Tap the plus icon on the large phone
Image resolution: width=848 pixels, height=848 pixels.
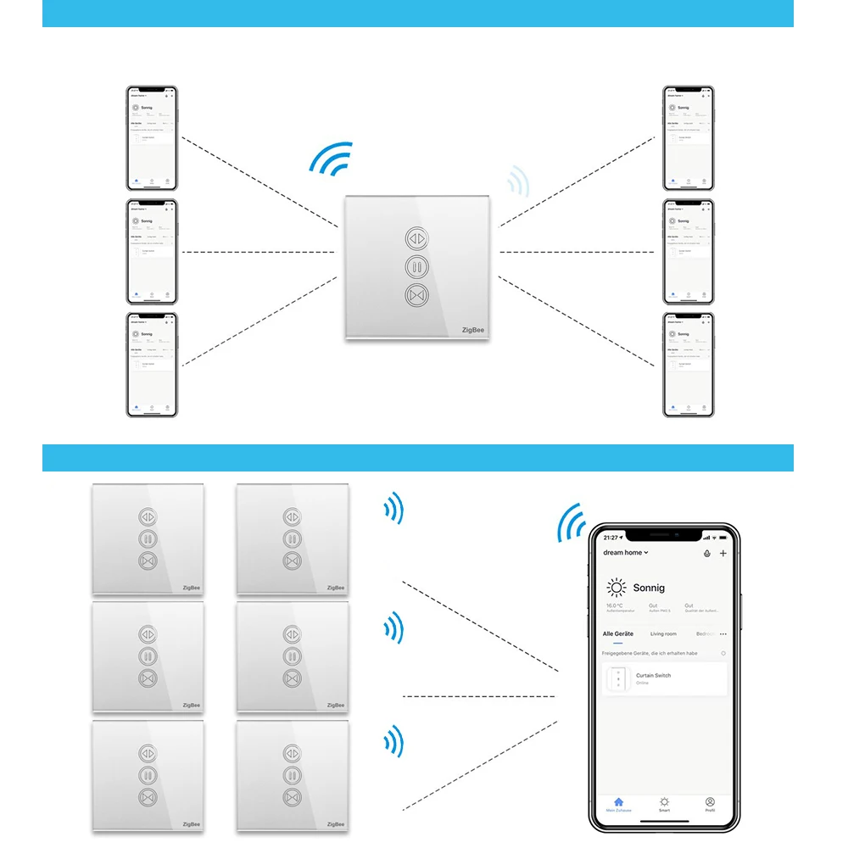[x=722, y=553]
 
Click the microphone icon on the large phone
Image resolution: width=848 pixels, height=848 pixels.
[x=707, y=553]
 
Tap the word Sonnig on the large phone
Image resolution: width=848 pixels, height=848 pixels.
[x=649, y=588]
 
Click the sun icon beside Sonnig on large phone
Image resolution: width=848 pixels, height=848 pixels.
[x=616, y=588]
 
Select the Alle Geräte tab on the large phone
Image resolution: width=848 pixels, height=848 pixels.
[x=618, y=634]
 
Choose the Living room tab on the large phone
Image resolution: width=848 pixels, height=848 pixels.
[x=663, y=634]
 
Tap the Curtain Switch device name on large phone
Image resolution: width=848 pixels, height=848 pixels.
[x=653, y=676]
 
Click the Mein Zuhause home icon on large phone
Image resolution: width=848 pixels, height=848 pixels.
[x=618, y=801]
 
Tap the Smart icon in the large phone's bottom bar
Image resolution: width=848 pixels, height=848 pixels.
[x=664, y=801]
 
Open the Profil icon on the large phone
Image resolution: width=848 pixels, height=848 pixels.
[x=710, y=801]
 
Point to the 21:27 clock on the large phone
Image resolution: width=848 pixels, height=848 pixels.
[x=611, y=538]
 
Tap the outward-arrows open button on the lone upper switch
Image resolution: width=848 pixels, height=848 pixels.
[x=417, y=236]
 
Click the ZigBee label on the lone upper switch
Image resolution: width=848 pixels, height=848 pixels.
[x=474, y=331]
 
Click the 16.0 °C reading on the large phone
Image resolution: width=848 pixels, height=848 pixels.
[x=615, y=606]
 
